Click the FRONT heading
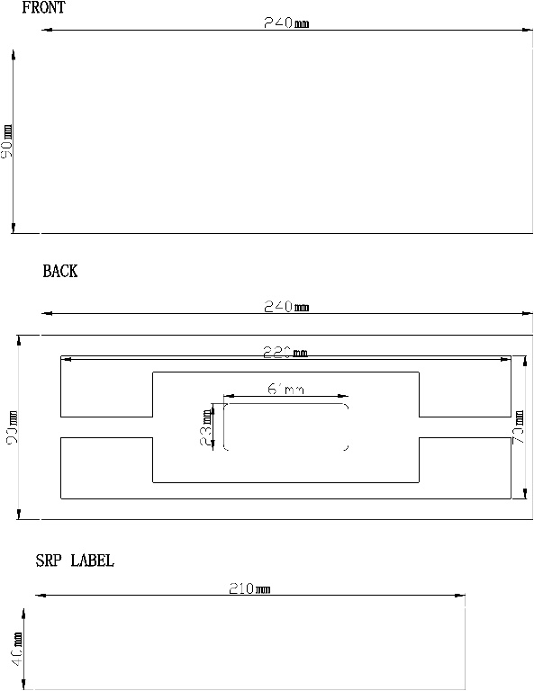pos(43,8)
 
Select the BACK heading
pos(60,272)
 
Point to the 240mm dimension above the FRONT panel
pos(285,23)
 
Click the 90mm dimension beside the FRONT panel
pos(7,142)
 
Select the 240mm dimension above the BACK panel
pos(285,307)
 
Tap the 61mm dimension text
pos(285,390)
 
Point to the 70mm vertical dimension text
pos(519,427)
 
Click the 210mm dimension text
pos(249,588)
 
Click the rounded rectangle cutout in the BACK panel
pos(285,427)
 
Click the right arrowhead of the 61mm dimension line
pos(345,396)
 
